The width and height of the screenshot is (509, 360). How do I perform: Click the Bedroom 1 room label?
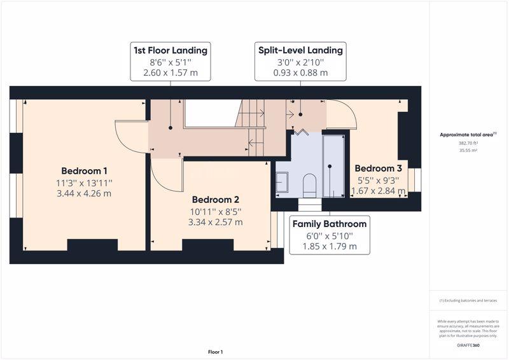[84, 170]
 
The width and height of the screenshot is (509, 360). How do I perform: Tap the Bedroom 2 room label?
[216, 199]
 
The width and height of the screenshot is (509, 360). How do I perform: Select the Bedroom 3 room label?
[378, 168]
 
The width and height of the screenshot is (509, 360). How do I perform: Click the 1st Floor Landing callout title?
[171, 50]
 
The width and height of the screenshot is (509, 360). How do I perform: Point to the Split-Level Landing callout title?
[300, 50]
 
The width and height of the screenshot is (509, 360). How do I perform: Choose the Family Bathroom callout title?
[330, 224]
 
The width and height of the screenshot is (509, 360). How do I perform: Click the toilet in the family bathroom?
[309, 185]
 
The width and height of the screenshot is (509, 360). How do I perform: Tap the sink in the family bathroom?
[282, 183]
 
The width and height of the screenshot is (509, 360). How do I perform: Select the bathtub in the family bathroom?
[333, 166]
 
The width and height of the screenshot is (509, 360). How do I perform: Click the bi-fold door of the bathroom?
[300, 132]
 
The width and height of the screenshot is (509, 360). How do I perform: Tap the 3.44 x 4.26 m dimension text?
[84, 193]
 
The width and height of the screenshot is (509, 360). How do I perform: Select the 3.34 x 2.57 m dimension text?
[216, 222]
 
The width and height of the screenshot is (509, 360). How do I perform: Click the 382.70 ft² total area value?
[468, 143]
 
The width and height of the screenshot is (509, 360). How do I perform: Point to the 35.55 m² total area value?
[468, 150]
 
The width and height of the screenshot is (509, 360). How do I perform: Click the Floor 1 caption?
[216, 352]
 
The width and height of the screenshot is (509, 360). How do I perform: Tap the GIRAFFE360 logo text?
[468, 345]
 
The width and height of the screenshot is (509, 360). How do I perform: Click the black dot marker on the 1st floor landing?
[171, 128]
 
